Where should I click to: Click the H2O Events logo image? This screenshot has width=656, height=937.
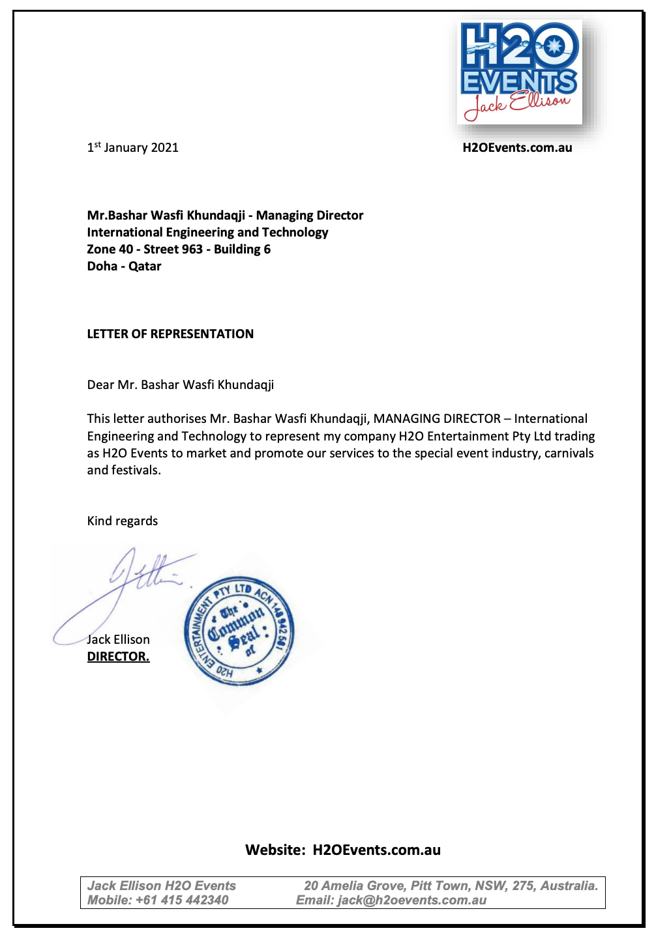click(520, 72)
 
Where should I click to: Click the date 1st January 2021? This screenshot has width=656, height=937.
click(133, 148)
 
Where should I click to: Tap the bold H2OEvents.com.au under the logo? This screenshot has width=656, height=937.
click(517, 148)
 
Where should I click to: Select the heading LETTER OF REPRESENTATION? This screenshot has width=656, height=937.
click(170, 334)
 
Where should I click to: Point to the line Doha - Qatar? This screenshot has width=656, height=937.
click(124, 267)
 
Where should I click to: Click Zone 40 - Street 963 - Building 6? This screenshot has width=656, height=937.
click(179, 250)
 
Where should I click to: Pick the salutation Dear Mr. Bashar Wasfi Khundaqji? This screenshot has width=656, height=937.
click(181, 385)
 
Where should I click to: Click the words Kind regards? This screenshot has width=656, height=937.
click(123, 521)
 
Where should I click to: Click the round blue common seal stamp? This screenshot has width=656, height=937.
click(239, 631)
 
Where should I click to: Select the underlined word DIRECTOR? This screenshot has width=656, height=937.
click(118, 657)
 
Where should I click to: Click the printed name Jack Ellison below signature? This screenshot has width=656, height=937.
click(119, 640)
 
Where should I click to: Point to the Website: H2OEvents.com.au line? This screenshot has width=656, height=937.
click(343, 850)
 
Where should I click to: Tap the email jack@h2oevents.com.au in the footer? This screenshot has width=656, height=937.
click(411, 901)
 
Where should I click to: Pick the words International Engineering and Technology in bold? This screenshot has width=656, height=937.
click(207, 233)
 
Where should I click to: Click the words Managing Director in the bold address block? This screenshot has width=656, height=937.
click(310, 216)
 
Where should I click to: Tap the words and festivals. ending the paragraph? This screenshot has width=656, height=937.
click(124, 470)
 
